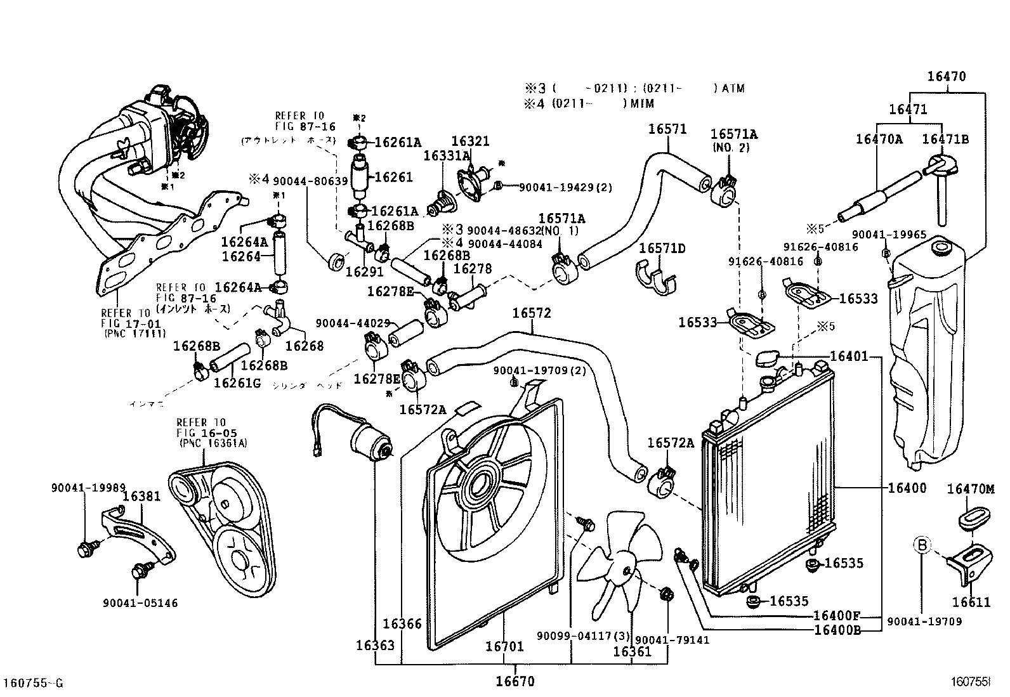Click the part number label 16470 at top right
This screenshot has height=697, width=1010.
coord(946,77)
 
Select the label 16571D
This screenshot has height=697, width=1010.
coord(662,247)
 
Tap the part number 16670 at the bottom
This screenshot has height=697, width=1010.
coord(515,682)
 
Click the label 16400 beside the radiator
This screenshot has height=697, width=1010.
coord(907,488)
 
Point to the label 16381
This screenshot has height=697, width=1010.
coord(141,497)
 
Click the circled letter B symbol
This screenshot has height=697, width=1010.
coord(922,544)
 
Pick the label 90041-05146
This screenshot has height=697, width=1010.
coord(140,603)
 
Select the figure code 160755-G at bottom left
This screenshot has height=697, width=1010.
coord(33,683)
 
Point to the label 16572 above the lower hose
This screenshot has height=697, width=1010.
coord(532,313)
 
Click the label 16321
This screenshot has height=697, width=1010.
coord(470,141)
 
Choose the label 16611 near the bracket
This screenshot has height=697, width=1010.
coord(971,603)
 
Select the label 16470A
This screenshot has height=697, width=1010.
coord(879,139)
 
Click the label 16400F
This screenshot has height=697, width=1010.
coord(836,616)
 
